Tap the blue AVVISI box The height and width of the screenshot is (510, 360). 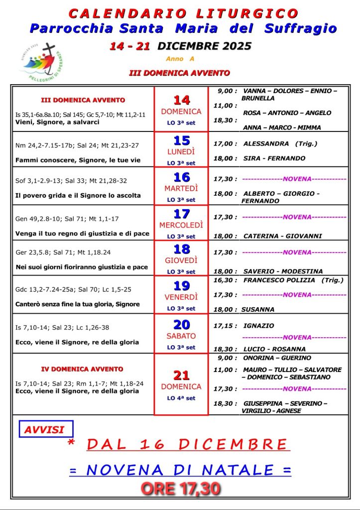tap(46, 429)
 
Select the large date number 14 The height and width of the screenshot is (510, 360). tap(181, 100)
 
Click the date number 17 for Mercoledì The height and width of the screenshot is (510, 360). tap(181, 214)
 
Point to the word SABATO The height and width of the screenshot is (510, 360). tap(181, 336)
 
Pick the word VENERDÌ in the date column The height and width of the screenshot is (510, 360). tap(181, 297)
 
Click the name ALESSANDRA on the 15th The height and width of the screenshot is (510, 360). tap(266, 143)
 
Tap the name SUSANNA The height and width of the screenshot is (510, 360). tap(257, 309)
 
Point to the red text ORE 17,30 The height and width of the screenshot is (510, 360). tap(181, 489)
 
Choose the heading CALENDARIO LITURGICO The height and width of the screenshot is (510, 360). tap(183, 13)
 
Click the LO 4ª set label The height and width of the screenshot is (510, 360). tap(181, 398)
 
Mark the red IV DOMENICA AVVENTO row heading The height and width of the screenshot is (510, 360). tap(82, 369)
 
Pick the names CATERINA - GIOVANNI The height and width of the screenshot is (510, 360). tap(282, 236)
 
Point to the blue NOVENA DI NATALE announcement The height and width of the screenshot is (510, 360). tap(180, 469)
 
